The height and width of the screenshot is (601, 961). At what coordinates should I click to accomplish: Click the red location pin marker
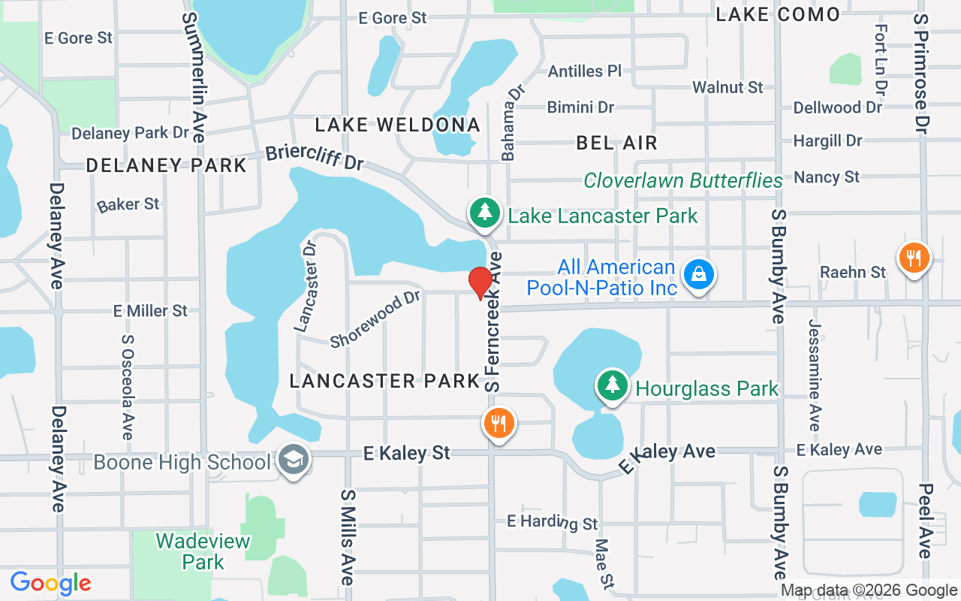click(x=480, y=282)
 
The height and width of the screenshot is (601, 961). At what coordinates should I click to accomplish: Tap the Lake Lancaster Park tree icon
click(x=485, y=213)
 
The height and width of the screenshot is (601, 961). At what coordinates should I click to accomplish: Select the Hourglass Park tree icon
click(x=613, y=385)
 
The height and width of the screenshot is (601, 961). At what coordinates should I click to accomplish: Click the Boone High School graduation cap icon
click(x=291, y=460)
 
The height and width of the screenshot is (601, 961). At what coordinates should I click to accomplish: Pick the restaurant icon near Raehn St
click(x=914, y=258)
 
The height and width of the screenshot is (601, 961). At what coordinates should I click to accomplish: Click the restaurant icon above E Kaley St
click(x=498, y=424)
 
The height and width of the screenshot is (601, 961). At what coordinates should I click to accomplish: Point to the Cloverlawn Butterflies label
click(x=683, y=181)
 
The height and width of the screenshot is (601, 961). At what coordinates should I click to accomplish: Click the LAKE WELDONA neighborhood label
click(x=397, y=125)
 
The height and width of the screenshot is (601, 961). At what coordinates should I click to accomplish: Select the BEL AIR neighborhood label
click(x=616, y=143)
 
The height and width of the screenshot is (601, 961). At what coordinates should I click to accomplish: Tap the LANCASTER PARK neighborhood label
click(x=384, y=381)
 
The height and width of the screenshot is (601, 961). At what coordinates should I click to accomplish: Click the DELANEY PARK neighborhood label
click(x=166, y=165)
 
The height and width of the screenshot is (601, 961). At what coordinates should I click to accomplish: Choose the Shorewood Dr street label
click(x=375, y=319)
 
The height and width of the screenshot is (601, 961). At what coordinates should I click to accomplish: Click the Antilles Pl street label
click(x=585, y=71)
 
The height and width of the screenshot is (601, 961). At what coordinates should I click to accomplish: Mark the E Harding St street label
click(x=553, y=522)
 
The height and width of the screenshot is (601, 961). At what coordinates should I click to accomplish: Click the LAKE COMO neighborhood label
click(x=777, y=14)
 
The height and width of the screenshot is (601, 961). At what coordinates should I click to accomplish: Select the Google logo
click(x=50, y=583)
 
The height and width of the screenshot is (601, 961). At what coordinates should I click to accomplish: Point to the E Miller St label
click(x=150, y=310)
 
